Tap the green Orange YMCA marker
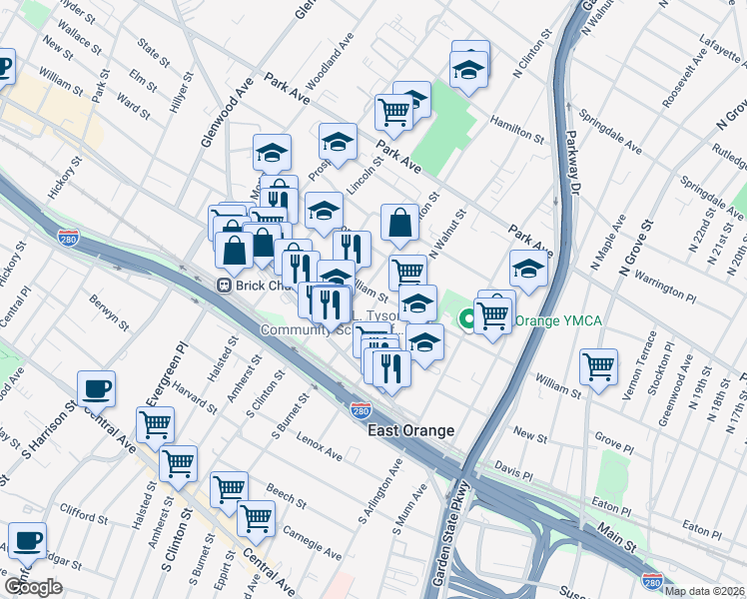[465, 320]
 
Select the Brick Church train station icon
[226, 285]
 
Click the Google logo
[33, 587]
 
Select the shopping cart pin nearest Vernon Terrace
[598, 365]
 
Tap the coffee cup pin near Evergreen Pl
[96, 388]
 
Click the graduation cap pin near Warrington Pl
[528, 269]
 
